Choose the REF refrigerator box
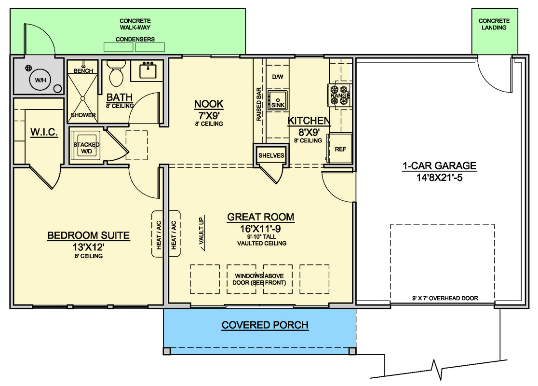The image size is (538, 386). (340, 149)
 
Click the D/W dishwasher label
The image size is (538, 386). (278, 77)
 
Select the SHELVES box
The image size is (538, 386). (271, 155)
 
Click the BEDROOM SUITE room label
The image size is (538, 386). (88, 236)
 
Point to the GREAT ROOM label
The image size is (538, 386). (261, 217)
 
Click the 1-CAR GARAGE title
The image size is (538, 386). (439, 166)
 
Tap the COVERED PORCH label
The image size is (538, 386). (265, 325)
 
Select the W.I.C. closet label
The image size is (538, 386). (44, 132)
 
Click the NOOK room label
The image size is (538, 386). (209, 104)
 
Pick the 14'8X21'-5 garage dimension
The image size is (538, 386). (439, 177)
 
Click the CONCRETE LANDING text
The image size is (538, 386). (494, 24)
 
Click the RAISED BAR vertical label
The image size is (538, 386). (259, 104)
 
